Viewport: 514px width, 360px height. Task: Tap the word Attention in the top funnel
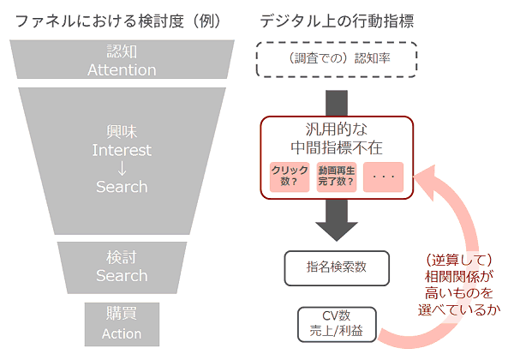click(x=121, y=69)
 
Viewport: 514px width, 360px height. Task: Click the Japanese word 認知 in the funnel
click(x=121, y=52)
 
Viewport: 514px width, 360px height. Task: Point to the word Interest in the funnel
click(x=121, y=150)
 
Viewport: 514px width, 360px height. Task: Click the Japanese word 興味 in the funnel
click(x=121, y=132)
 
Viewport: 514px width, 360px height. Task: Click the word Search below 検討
click(x=121, y=276)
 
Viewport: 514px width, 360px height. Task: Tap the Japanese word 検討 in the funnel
click(x=121, y=258)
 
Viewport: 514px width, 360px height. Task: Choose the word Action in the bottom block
click(x=121, y=333)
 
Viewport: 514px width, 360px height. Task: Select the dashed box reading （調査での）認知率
click(x=337, y=59)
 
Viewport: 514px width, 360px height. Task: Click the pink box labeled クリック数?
click(x=290, y=176)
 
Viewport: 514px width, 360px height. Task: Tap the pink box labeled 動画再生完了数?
click(x=336, y=176)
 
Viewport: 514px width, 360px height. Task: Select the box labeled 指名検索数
click(x=337, y=267)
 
